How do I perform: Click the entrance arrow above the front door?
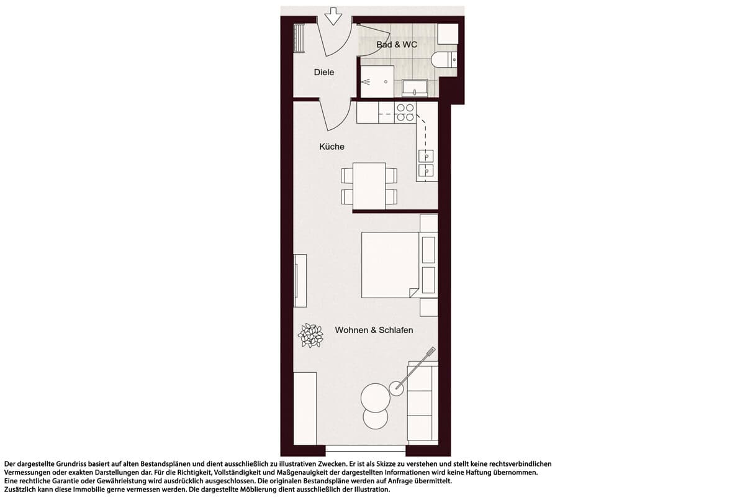click(333, 17)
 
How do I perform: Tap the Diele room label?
click(324, 72)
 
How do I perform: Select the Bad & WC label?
click(397, 45)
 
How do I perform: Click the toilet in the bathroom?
click(444, 60)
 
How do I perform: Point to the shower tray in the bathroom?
click(377, 81)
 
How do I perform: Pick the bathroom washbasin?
click(415, 88)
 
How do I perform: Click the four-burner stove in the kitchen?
click(405, 112)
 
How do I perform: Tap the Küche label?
click(332, 147)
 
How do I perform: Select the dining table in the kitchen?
click(369, 186)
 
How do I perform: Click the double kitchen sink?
click(426, 163)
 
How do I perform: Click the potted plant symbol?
click(310, 335)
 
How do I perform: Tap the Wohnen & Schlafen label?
click(374, 330)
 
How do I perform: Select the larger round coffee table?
click(376, 398)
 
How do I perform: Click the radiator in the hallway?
click(299, 38)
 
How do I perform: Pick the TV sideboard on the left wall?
click(300, 281)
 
